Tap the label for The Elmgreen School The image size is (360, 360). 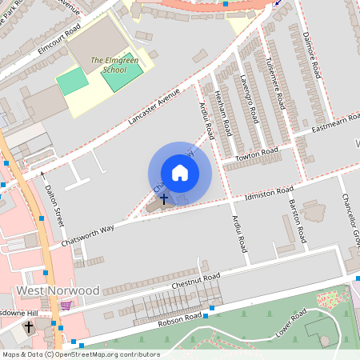pos(108,65)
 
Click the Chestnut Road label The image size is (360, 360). pos(200,278)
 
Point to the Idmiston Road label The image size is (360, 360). pos(269,194)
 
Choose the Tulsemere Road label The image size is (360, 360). pos(277,84)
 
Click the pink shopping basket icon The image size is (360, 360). pos(66,305)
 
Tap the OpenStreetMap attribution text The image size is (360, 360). pos(81,354)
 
